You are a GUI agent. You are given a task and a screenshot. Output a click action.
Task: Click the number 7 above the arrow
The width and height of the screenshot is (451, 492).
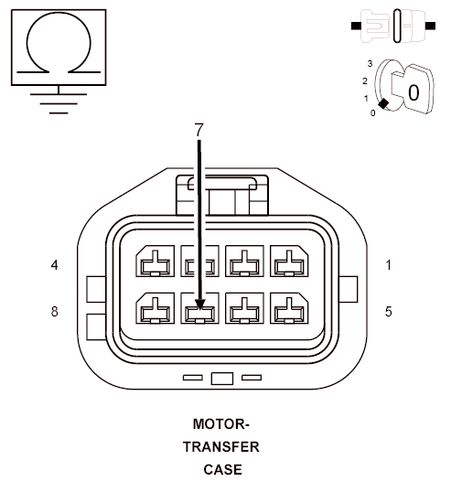pyautogui.click(x=199, y=130)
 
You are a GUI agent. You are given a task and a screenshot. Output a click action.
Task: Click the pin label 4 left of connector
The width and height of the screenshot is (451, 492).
pyautogui.click(x=55, y=265)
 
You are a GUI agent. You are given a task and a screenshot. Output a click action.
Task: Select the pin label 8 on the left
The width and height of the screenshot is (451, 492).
pyautogui.click(x=55, y=311)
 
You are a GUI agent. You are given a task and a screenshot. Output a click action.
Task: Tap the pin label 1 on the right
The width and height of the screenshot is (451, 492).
pyautogui.click(x=389, y=265)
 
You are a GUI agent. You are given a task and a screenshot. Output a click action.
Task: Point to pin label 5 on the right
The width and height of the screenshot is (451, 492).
pyautogui.click(x=389, y=311)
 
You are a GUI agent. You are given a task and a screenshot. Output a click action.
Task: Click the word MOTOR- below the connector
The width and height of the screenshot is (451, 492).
pyautogui.click(x=220, y=424)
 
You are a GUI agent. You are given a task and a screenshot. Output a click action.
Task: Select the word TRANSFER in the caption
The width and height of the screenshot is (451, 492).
pyautogui.click(x=220, y=447)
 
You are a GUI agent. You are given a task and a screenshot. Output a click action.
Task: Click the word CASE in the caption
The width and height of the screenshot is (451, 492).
pyautogui.click(x=223, y=470)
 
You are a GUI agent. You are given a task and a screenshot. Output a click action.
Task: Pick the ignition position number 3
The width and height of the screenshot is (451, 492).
pyautogui.click(x=370, y=64)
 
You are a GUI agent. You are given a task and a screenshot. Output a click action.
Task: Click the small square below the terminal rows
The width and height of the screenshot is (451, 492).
pyautogui.click(x=221, y=378)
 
